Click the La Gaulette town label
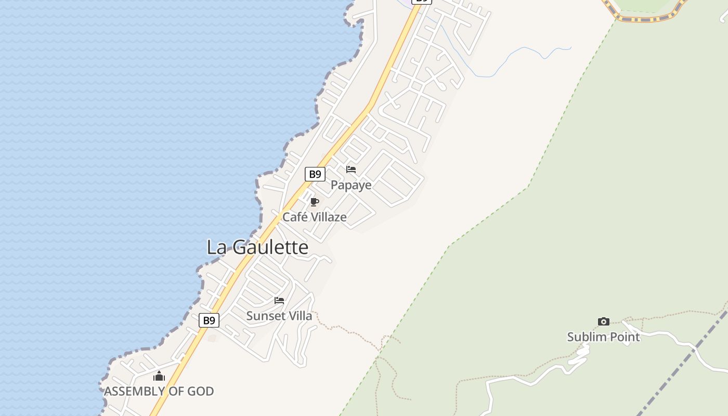pyautogui.click(x=257, y=247)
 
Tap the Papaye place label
pyautogui.click(x=351, y=185)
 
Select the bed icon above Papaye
pyautogui.click(x=351, y=170)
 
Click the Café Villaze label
pyautogui.click(x=314, y=217)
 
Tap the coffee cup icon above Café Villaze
pyautogui.click(x=314, y=202)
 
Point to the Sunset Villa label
pyautogui.click(x=279, y=316)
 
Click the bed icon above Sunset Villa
pyautogui.click(x=279, y=301)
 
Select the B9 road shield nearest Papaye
pyautogui.click(x=315, y=174)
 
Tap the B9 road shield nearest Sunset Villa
pyautogui.click(x=209, y=320)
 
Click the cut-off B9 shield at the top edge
pyautogui.click(x=422, y=2)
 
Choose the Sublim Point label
pyautogui.click(x=603, y=336)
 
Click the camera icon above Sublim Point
pyautogui.click(x=603, y=322)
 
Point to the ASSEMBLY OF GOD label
pyautogui.click(x=159, y=391)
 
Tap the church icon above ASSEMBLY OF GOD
pyautogui.click(x=159, y=376)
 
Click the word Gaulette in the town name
pyautogui.click(x=270, y=247)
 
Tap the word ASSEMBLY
pyautogui.click(x=135, y=391)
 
